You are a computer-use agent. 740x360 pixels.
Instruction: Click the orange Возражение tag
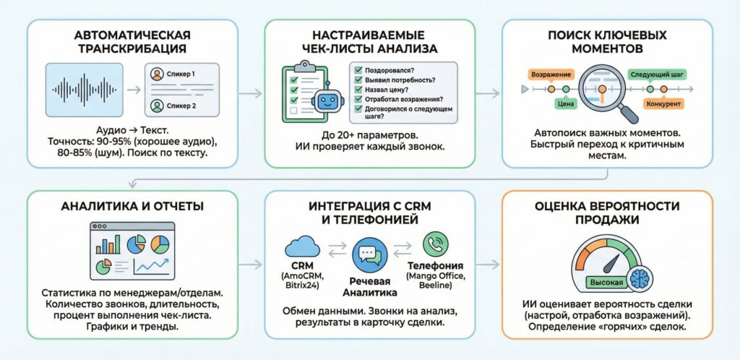551,74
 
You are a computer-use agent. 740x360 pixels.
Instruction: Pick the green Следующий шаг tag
658,74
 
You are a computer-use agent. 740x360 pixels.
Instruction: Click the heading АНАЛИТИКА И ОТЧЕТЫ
132,206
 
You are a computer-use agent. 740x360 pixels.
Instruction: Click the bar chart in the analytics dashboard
109,244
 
